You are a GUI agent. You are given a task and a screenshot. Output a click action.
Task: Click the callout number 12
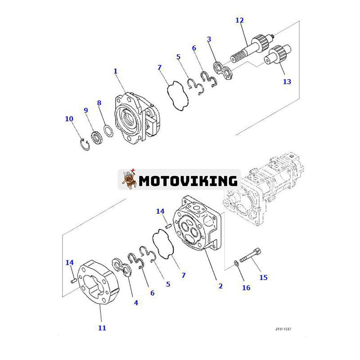[239, 20]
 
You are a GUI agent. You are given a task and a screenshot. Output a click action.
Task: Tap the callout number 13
[287, 81]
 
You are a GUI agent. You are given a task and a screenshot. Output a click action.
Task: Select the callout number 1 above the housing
[116, 71]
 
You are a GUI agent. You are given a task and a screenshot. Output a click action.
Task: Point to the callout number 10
[69, 119]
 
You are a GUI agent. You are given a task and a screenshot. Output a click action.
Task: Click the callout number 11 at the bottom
[102, 328]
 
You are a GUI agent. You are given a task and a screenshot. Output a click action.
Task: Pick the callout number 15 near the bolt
[263, 277]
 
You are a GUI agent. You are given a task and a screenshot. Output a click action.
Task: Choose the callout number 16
[246, 288]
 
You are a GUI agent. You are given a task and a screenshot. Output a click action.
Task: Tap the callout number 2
[220, 286]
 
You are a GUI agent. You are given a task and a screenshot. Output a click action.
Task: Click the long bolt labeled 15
[249, 257]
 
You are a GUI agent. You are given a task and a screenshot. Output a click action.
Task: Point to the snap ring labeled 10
[84, 145]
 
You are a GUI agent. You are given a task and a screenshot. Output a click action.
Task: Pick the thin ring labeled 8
[108, 131]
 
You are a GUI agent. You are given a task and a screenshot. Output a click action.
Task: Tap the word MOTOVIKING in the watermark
[188, 181]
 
